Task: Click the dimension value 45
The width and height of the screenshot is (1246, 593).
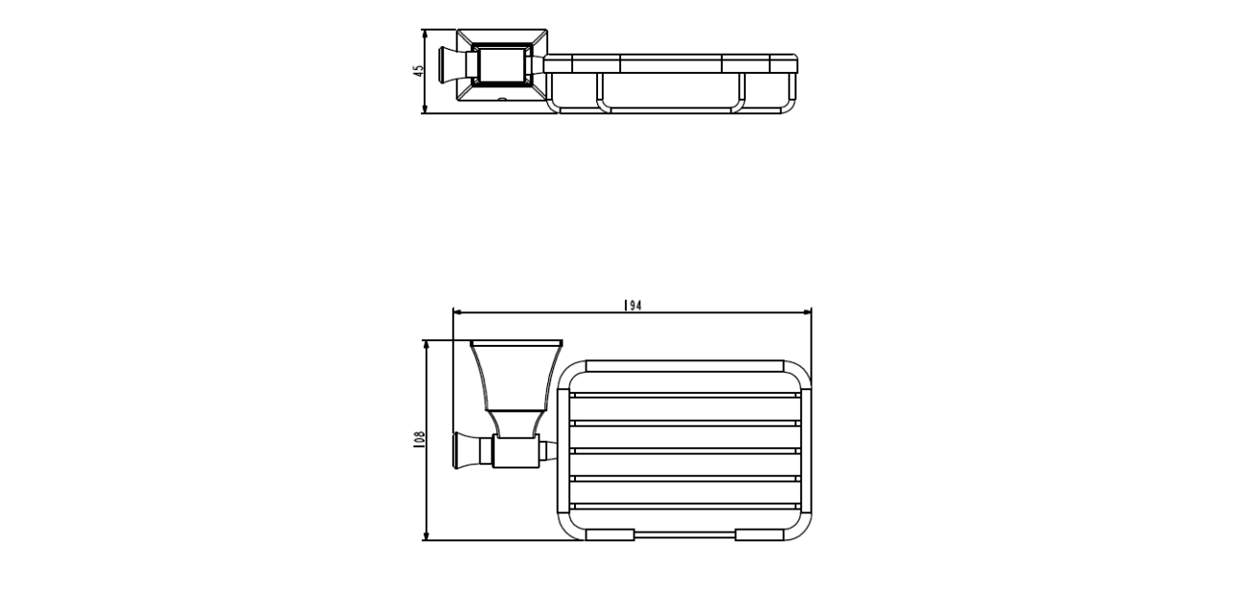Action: tap(419, 71)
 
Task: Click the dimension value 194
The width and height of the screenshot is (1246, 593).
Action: tap(633, 305)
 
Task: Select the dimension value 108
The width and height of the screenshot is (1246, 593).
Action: tap(420, 439)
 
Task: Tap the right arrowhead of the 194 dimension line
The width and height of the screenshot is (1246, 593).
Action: tap(806, 313)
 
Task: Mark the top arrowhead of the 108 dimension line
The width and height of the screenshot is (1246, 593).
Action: tap(427, 346)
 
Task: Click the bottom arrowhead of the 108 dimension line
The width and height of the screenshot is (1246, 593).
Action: tap(427, 535)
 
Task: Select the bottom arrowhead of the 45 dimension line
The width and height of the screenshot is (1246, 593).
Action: tap(425, 108)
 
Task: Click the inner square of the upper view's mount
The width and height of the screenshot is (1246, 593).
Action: tap(501, 64)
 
